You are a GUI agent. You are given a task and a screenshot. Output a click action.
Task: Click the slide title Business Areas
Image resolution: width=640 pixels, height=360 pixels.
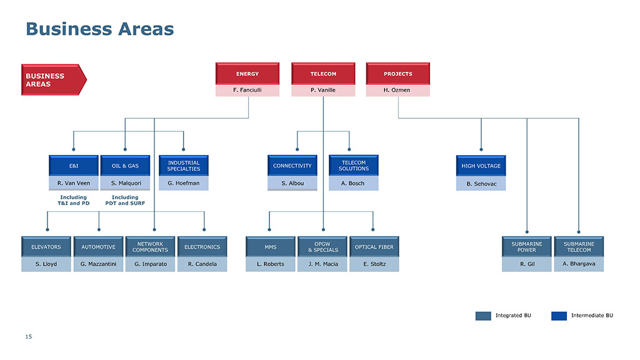(100, 29)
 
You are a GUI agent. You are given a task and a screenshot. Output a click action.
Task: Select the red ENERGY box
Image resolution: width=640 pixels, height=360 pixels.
(247, 74)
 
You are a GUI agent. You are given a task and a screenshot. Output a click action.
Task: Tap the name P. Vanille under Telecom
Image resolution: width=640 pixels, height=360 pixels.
(323, 90)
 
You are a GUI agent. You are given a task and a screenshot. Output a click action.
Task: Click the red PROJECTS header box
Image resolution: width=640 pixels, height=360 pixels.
(398, 74)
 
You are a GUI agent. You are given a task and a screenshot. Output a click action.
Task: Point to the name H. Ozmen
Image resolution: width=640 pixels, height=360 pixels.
(397, 90)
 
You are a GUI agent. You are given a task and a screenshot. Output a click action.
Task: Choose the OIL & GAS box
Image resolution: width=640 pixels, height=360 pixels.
(125, 166)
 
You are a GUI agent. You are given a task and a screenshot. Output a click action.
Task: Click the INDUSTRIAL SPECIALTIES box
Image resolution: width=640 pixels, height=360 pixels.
(184, 166)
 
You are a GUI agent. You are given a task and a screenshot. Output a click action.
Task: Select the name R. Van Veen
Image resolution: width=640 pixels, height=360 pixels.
(74, 183)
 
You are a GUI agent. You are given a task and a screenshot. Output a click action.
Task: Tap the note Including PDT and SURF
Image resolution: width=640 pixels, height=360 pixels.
(125, 200)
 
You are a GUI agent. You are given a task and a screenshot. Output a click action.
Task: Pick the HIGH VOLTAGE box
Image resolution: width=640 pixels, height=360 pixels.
(481, 166)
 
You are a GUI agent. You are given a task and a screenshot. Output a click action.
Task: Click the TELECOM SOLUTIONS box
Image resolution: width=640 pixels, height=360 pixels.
(354, 165)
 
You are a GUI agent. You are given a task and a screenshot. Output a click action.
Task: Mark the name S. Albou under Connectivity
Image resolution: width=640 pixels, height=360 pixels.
(292, 183)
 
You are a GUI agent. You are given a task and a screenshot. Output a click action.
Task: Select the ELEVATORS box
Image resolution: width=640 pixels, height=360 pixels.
(46, 247)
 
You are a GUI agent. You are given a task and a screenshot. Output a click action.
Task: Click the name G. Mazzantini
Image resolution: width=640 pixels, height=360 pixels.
(98, 264)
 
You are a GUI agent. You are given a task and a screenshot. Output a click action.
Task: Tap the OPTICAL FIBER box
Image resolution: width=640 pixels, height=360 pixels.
(374, 247)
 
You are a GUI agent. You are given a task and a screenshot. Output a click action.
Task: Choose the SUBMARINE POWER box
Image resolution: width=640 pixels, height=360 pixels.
(526, 247)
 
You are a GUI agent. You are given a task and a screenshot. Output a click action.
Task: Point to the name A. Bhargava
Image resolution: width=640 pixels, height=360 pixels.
(579, 264)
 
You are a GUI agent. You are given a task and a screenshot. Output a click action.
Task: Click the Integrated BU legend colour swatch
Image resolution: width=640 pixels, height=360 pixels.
(483, 316)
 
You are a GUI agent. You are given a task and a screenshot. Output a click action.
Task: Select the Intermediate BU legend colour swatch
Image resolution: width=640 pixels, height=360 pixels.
(559, 316)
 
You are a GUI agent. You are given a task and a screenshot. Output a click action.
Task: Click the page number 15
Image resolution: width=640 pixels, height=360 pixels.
(29, 337)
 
